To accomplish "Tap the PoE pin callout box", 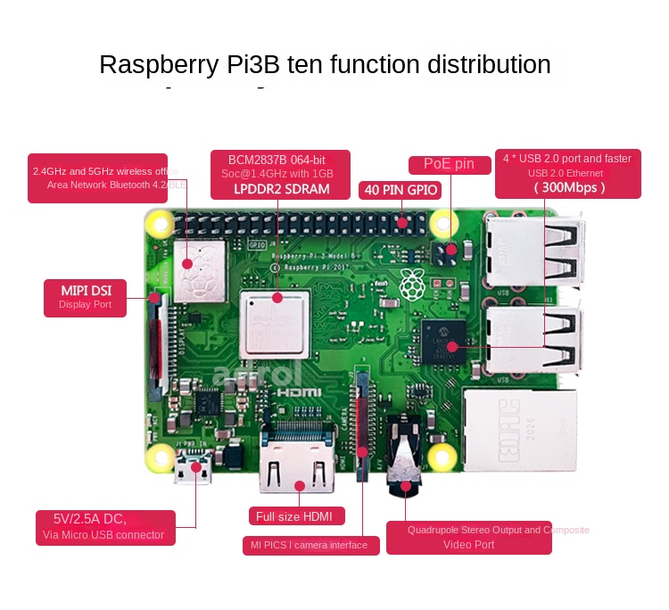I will [450, 164].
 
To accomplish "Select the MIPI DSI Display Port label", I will [86, 297].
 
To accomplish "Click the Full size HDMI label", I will [295, 516].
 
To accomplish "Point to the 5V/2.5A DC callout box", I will [104, 526].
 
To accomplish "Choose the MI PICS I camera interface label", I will [310, 545].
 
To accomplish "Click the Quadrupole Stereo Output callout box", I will [469, 537].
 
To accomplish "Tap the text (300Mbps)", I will [569, 187].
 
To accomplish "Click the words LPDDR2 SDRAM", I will [281, 189].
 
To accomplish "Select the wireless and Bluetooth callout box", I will [97, 177].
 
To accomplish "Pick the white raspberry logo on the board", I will [412, 284].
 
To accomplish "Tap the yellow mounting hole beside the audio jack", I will [441, 457].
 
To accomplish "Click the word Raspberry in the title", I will [158, 65].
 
